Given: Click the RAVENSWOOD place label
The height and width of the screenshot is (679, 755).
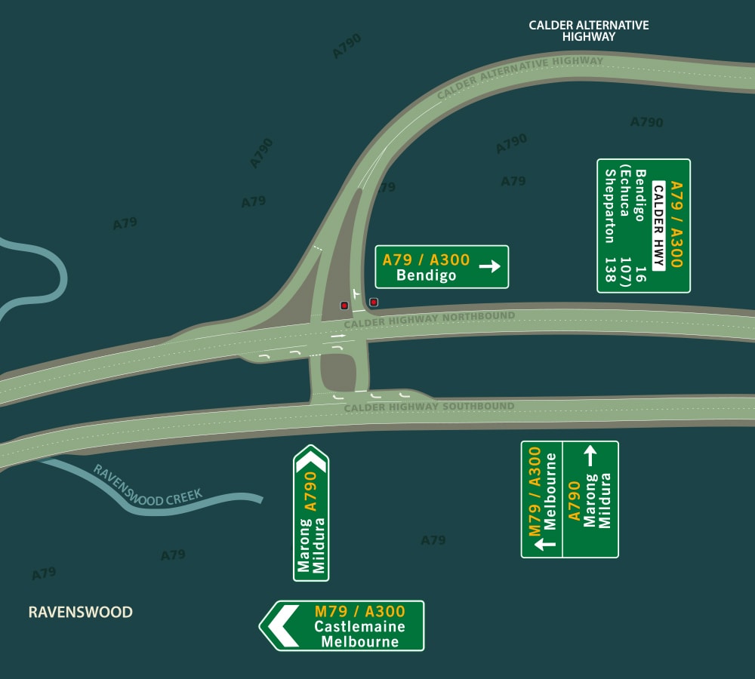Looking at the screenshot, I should click(80, 612).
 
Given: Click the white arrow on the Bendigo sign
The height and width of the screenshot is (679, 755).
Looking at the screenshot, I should click(490, 266).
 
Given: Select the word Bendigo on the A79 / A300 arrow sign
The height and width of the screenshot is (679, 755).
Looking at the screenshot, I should click(426, 275).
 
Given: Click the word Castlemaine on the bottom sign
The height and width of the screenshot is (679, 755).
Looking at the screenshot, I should click(359, 627).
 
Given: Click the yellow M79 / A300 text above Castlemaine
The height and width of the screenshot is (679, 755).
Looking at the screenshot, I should click(359, 611).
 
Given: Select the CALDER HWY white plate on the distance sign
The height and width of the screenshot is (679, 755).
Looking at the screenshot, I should click(658, 226).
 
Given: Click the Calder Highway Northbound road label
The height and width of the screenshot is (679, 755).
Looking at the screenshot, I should click(429, 320).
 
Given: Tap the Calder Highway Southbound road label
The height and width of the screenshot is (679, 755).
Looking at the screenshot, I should click(429, 407).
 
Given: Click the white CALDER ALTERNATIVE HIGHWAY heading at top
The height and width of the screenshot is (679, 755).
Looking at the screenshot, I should click(588, 30).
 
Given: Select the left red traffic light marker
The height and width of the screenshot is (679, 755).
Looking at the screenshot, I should click(344, 306).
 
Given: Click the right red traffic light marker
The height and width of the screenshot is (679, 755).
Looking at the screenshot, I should click(373, 303).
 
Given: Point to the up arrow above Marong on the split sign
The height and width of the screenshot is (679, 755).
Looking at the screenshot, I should click(590, 455).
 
